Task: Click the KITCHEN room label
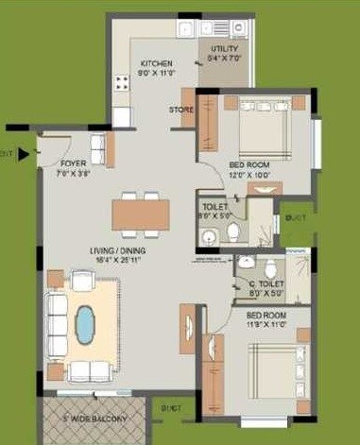tap(156, 63)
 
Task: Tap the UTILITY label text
tap(224, 49)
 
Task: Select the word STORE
tap(181, 111)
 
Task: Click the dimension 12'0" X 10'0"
tap(250, 174)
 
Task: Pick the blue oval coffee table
tap(87, 324)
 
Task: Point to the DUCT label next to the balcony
tap(172, 409)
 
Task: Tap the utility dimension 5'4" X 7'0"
tap(225, 59)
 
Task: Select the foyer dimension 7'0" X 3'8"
tap(73, 172)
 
